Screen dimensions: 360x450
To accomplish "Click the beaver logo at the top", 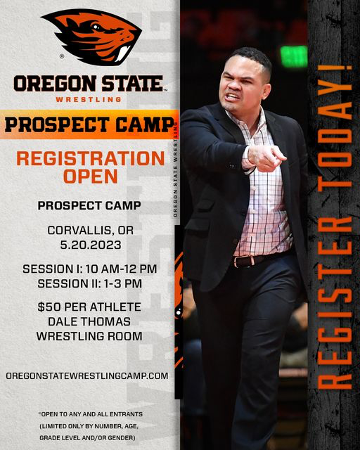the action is coord(91,37).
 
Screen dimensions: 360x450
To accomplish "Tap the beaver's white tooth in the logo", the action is coord(123,53).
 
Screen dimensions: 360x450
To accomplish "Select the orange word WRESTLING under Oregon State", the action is coord(89,100).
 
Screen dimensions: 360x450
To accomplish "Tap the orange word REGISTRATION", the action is coord(91,158).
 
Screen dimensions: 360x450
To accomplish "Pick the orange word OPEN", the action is coord(91,176).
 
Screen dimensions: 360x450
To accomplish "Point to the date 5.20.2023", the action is coord(91,245).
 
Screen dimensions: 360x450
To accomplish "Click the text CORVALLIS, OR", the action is coord(91,230).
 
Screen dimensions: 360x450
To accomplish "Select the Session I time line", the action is coord(90,269).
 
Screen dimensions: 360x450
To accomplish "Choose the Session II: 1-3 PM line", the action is coord(90,283).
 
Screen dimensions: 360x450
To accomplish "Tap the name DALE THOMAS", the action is coord(89,321).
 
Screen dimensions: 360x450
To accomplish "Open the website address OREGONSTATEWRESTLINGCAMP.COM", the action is coord(87,376).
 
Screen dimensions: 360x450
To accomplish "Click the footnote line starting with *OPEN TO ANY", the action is coord(91,414).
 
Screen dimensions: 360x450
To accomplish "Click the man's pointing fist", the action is coord(266,157).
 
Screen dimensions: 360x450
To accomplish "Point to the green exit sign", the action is coord(294,56).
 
